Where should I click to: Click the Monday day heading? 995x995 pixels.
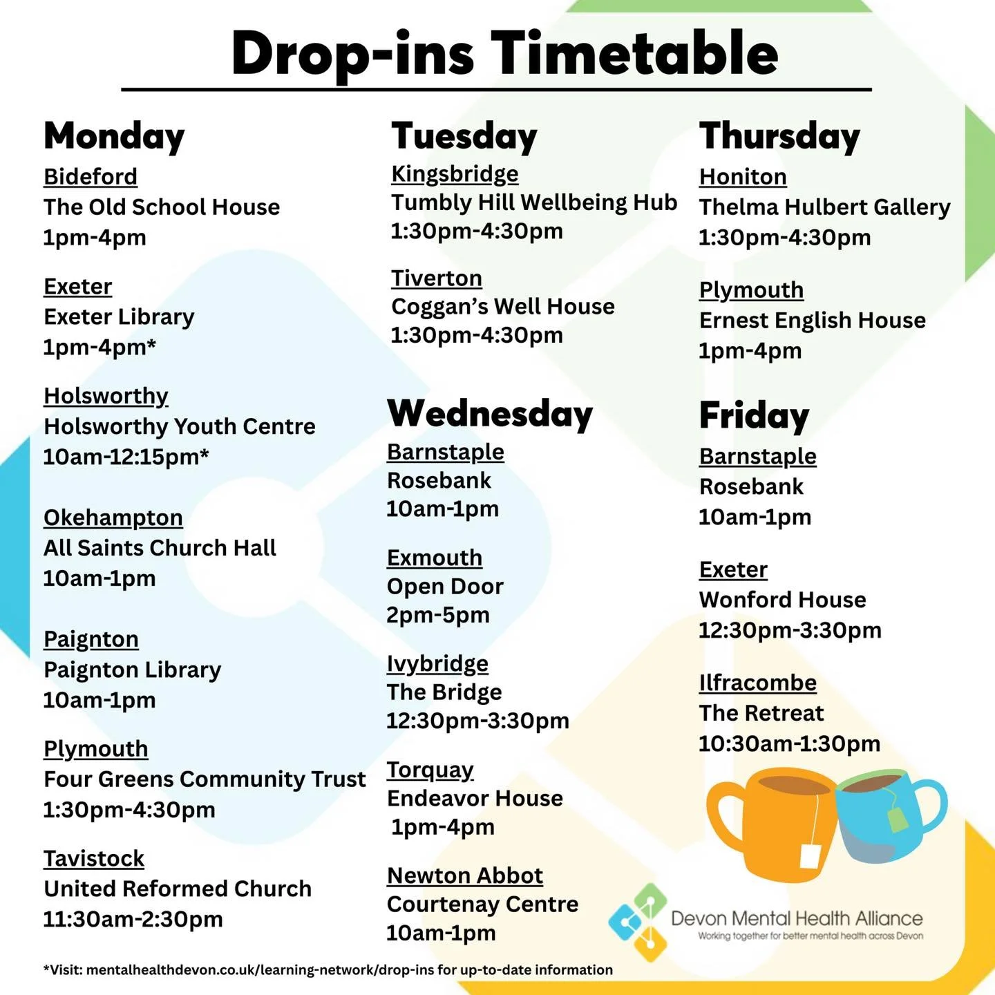114,136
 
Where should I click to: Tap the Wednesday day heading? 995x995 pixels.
490,414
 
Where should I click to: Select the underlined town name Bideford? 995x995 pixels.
91,177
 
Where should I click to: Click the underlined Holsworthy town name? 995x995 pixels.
106,396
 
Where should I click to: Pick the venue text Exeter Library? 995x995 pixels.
119,317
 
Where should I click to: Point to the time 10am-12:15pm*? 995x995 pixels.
126,457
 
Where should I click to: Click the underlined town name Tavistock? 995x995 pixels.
94,859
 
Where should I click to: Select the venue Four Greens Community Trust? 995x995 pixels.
205,779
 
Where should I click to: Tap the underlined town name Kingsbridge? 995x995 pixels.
455,174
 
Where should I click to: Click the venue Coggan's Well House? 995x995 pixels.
502,307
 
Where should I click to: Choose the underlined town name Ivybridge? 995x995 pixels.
437,664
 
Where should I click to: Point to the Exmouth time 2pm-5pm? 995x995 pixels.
438,615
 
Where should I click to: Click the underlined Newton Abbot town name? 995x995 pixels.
465,876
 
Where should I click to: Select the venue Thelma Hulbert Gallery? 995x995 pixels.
824,207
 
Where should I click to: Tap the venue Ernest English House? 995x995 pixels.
812,321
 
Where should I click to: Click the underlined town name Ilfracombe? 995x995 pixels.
758,683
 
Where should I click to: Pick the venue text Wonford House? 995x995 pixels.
782,600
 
